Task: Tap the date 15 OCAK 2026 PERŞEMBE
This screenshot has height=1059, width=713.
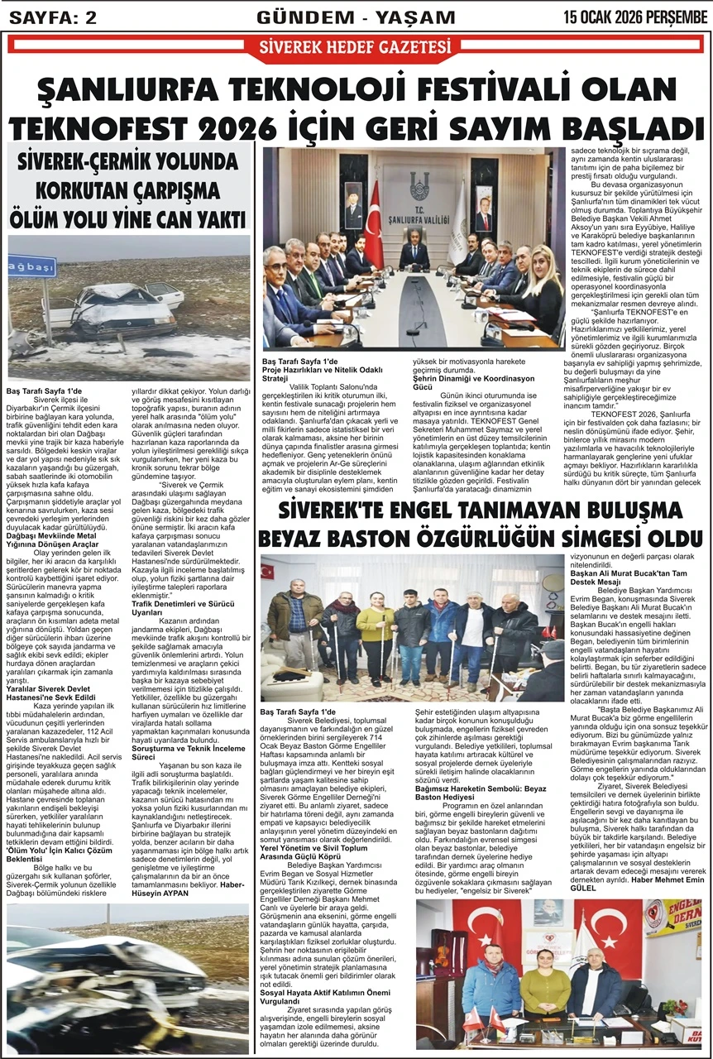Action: [635, 16]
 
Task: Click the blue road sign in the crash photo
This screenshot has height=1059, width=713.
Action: [31, 266]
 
